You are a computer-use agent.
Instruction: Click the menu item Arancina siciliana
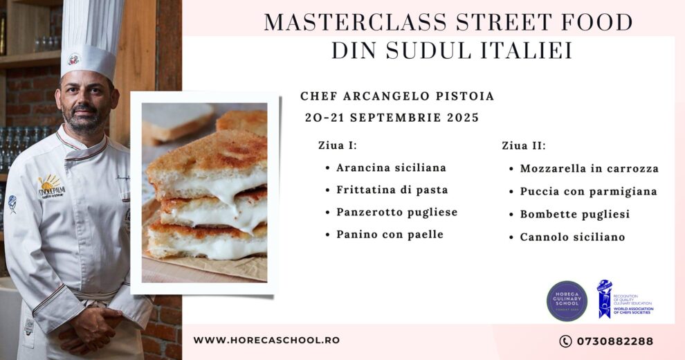tap(391, 168)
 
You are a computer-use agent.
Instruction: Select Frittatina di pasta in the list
tap(392, 190)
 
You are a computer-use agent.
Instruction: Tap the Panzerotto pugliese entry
tap(396, 212)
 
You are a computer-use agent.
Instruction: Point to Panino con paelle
tap(390, 234)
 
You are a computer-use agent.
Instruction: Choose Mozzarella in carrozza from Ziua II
tap(589, 168)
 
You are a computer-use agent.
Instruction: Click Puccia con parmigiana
tap(588, 191)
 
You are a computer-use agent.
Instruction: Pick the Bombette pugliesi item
tap(575, 214)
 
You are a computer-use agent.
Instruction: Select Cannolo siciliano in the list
tap(572, 237)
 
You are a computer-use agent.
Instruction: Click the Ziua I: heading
tap(338, 145)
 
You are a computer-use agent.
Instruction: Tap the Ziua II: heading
tap(524, 145)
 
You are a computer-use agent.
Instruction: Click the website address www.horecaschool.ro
tap(266, 340)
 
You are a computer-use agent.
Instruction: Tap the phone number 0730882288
tap(613, 341)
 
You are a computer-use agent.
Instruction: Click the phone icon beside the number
tap(565, 341)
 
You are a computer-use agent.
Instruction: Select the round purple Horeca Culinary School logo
tap(567, 300)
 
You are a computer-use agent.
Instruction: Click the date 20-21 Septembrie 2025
tap(392, 117)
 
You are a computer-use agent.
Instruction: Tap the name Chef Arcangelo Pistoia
tap(397, 96)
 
